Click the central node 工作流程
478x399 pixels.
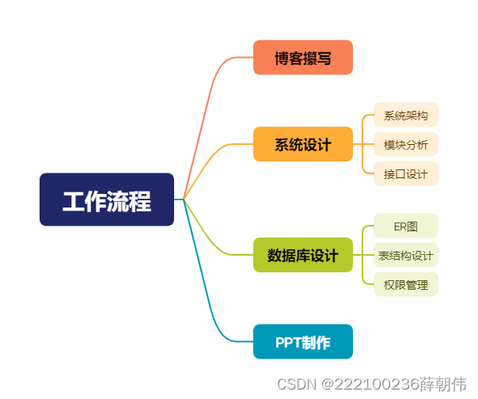107,199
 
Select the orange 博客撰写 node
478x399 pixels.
302,58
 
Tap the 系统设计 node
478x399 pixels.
302,144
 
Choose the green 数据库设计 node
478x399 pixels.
302,255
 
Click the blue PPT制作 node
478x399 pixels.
302,342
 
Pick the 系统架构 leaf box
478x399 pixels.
406,116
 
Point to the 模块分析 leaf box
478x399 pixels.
406,144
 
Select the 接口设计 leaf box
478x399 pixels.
406,173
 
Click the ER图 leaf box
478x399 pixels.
406,226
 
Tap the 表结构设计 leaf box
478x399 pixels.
406,255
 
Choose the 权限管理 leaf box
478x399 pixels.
406,283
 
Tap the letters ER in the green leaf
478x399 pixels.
400,226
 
